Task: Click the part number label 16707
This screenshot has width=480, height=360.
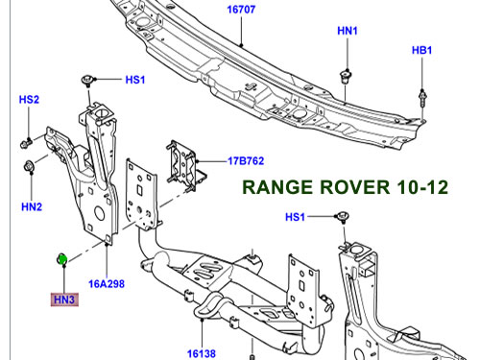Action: click(x=241, y=10)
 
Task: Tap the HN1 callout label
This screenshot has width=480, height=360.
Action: click(x=348, y=31)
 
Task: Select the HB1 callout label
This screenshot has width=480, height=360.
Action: click(x=421, y=50)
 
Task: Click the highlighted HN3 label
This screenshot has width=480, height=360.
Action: click(x=64, y=300)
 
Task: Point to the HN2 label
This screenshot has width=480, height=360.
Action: click(x=32, y=206)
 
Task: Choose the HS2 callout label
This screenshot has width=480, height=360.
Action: click(x=29, y=100)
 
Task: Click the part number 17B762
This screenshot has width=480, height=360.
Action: click(x=246, y=160)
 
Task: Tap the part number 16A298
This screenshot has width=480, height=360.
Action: click(x=107, y=284)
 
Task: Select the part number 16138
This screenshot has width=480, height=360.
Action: click(x=202, y=353)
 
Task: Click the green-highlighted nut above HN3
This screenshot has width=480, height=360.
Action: click(x=61, y=259)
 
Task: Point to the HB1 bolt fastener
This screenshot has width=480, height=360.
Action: click(x=422, y=98)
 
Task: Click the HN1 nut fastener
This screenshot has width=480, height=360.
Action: click(x=345, y=76)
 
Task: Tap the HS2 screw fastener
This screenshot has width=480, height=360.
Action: click(x=26, y=143)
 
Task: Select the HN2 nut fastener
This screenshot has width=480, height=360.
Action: click(x=29, y=167)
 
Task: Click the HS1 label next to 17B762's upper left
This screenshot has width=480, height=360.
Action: click(x=135, y=80)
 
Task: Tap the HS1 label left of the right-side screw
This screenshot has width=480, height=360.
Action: click(x=295, y=217)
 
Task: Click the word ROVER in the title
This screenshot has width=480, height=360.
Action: click(x=354, y=187)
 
